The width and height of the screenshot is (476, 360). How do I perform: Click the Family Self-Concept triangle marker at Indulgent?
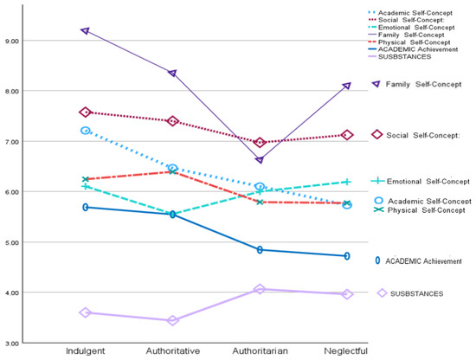coord(86,30)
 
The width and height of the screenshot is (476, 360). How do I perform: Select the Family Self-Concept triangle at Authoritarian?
coord(260,160)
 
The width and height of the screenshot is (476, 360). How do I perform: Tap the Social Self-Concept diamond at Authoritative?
coord(173,121)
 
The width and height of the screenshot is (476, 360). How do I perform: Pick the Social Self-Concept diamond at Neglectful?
coord(347,135)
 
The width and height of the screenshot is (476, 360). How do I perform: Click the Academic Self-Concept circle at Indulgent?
coord(86,131)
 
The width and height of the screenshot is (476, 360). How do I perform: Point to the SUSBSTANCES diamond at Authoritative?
coord(173,320)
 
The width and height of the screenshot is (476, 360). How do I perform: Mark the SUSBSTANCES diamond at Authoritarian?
coord(260,289)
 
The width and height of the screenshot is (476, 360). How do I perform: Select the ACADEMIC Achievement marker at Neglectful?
coord(347,256)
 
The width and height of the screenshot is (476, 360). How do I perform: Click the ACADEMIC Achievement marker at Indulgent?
coord(86,208)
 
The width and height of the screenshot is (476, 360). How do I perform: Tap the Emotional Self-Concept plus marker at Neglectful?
coord(347,182)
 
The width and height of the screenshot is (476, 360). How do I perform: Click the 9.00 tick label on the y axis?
coord(12,41)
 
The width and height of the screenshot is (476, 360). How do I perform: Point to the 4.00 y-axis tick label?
coord(12,292)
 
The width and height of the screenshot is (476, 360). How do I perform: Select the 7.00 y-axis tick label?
coord(12,142)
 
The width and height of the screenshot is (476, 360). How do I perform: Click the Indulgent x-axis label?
coord(86,351)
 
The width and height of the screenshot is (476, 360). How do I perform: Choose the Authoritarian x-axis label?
coord(260,350)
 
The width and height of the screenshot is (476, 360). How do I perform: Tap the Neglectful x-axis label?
coord(346,351)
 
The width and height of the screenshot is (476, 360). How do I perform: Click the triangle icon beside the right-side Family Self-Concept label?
coord(376,84)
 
